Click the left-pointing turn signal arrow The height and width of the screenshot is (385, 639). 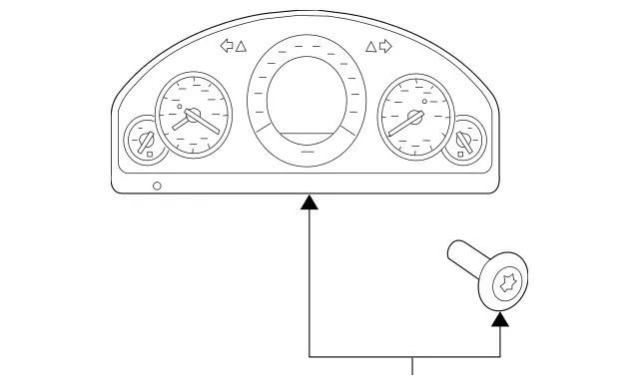(226, 45)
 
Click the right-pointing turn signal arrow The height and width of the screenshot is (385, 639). (386, 45)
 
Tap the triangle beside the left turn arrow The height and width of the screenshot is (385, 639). (241, 45)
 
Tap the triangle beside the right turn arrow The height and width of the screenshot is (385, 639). (371, 45)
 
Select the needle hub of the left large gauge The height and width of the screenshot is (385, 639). (193, 117)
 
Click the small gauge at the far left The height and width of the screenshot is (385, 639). (140, 140)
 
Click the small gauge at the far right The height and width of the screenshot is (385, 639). (465, 139)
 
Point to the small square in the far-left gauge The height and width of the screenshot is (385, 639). (150, 153)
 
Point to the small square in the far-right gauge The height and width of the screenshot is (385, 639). (457, 153)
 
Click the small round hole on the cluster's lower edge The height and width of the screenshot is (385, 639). (157, 186)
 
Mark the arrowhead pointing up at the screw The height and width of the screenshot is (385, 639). (500, 318)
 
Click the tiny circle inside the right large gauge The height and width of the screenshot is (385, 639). (424, 102)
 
